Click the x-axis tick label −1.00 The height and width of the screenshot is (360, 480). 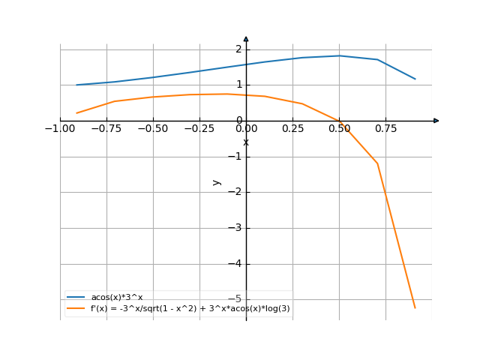tap(60, 128)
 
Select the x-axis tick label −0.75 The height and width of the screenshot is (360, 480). tap(106, 128)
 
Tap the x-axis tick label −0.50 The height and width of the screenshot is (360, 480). tap(153, 128)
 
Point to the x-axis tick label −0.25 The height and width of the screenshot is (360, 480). tap(199, 128)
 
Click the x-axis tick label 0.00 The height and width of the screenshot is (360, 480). tap(246, 128)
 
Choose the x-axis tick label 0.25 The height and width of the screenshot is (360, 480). tap(292, 128)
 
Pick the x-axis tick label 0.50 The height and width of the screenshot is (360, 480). tap(339, 128)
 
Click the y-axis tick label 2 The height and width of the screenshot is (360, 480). tap(238, 49)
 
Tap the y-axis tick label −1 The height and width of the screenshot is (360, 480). tap(235, 157)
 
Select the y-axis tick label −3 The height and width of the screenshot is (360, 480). tap(235, 228)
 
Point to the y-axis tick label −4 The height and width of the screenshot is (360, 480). tap(235, 264)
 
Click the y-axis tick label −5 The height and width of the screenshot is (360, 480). tap(235, 298)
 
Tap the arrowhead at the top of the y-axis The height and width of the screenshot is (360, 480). tap(246, 38)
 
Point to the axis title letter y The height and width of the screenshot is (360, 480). tap(217, 181)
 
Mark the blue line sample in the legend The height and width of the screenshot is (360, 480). tap(76, 297)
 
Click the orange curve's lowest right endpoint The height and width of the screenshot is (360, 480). tap(415, 307)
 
